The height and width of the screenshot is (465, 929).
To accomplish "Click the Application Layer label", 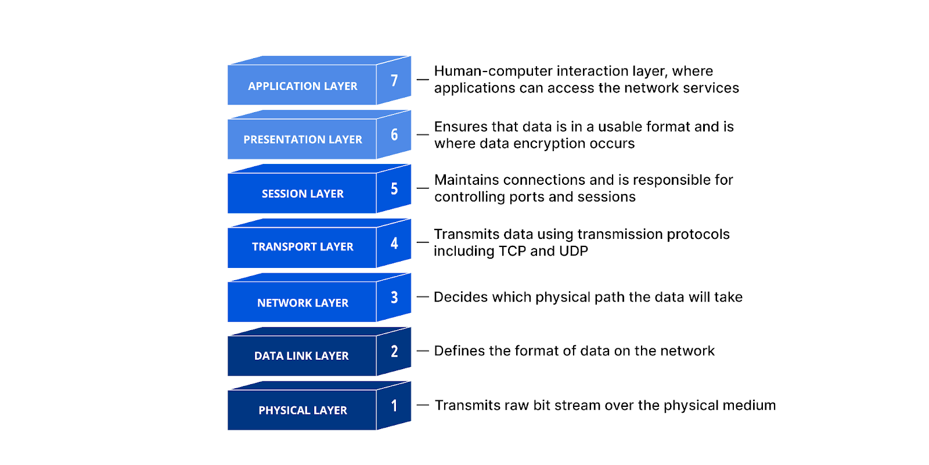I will point(303,86).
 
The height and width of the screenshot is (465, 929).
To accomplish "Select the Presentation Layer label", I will point(303,139).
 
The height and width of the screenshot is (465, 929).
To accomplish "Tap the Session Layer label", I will point(303,194).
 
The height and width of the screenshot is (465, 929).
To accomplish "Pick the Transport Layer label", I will point(303,246).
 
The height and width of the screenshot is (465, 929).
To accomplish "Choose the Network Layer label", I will point(303,303).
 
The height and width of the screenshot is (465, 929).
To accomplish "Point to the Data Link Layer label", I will point(301,356).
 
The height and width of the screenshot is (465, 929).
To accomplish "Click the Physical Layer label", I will point(303,410).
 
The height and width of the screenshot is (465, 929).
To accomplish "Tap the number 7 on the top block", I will point(394,80).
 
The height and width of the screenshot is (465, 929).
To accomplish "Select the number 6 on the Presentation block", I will point(394,135).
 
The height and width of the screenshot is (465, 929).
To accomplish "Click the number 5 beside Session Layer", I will point(394,189).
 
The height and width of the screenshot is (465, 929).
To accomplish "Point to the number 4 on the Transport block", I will point(394,243).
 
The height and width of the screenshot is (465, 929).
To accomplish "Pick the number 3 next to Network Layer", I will point(394,298).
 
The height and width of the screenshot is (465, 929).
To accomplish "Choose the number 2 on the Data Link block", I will point(394,351).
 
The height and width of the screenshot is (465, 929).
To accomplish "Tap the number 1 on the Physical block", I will point(394,406).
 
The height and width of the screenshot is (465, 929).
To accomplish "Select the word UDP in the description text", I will point(574,251).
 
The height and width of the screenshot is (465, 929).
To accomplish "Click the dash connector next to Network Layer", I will point(423,297).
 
